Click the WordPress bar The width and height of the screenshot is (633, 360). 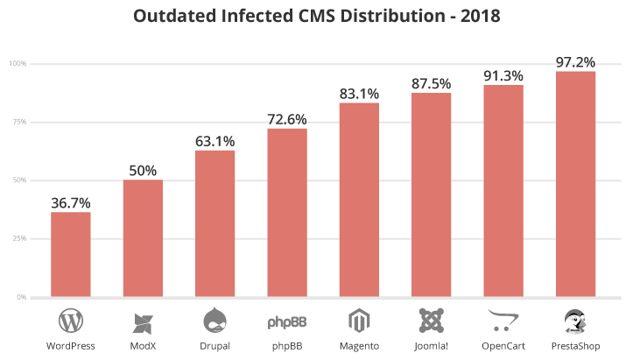coord(71,254)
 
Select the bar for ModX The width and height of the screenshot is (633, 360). coord(143,238)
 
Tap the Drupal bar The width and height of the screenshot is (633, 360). coord(215,223)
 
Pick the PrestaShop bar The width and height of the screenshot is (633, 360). coord(575,184)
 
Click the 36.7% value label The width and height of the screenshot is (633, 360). coord(71,202)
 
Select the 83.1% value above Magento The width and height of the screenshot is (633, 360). coord(359,93)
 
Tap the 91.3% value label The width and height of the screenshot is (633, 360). coord(503,75)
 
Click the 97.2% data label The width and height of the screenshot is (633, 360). coord(575,62)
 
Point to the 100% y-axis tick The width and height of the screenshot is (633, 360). coord(18,64)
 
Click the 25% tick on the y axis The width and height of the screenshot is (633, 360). coord(18,238)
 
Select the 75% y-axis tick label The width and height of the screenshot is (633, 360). coord(18,122)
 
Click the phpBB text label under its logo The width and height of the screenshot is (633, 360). coord(286,346)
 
